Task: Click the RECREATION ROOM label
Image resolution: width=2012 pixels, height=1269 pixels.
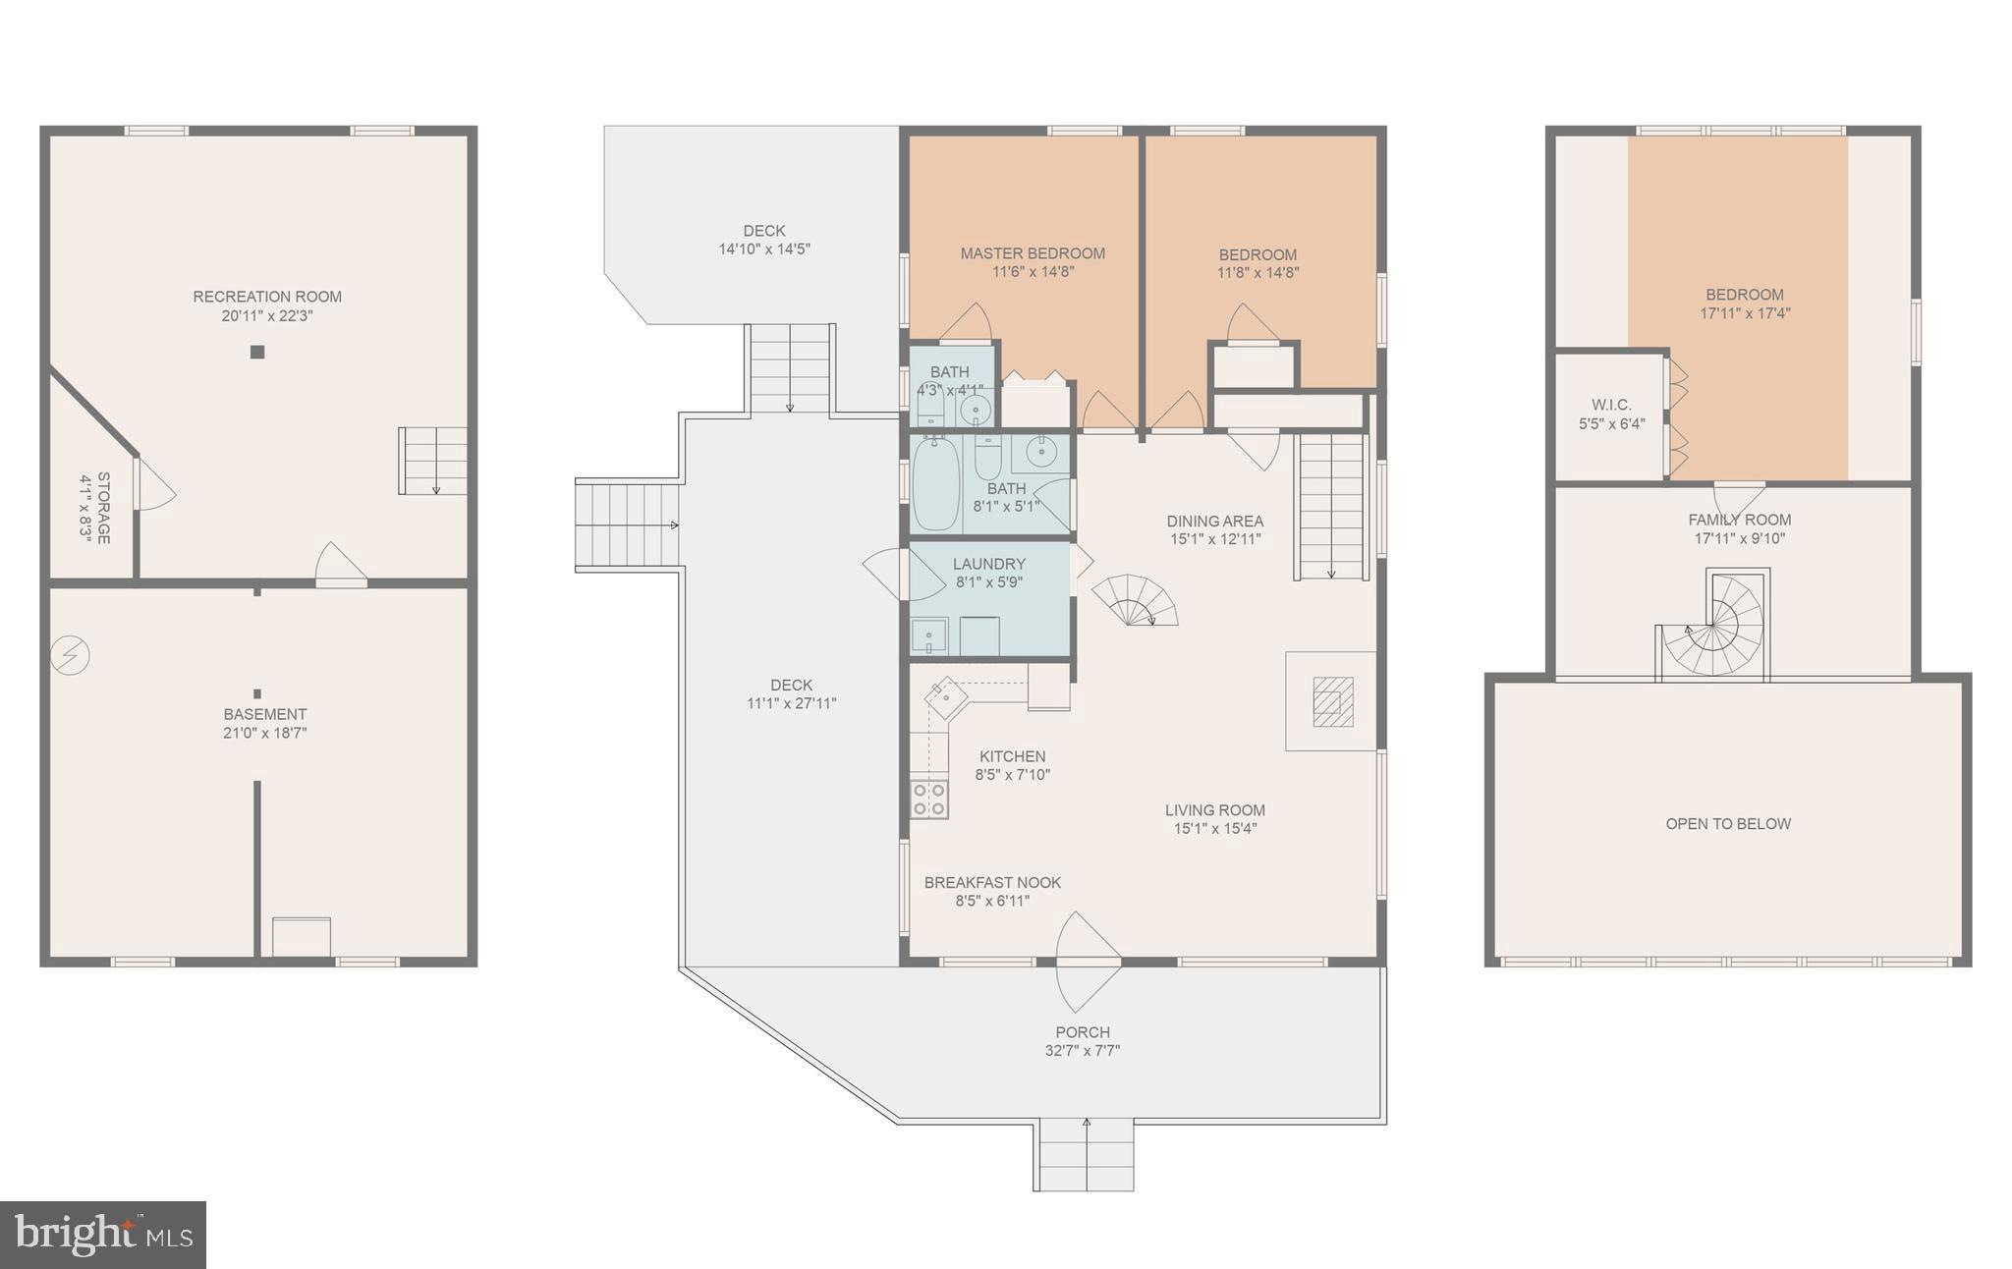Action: pyautogui.click(x=267, y=297)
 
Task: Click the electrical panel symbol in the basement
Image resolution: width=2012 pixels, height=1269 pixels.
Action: pyautogui.click(x=71, y=655)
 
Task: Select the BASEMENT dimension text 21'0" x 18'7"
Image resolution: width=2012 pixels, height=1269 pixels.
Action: pyautogui.click(x=265, y=733)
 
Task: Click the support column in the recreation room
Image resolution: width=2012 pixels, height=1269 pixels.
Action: pyautogui.click(x=257, y=352)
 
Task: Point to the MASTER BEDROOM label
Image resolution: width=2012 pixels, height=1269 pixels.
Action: pyautogui.click(x=1033, y=253)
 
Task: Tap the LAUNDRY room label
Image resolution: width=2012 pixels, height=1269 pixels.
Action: pyautogui.click(x=988, y=564)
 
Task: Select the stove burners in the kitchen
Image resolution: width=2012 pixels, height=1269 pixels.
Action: pyautogui.click(x=928, y=799)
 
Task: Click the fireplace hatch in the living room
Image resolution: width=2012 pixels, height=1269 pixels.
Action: pyautogui.click(x=1331, y=701)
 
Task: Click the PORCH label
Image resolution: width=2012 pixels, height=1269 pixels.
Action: pyautogui.click(x=1083, y=1032)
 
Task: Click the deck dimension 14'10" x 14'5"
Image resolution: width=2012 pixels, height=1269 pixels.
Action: pyautogui.click(x=764, y=249)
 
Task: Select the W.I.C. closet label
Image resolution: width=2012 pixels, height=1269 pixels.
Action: pyautogui.click(x=1611, y=405)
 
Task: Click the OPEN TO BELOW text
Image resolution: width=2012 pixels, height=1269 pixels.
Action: pyautogui.click(x=1728, y=824)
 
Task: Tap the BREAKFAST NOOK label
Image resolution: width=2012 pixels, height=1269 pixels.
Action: pyautogui.click(x=992, y=882)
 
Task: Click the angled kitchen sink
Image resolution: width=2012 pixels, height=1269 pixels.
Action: pyautogui.click(x=945, y=696)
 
